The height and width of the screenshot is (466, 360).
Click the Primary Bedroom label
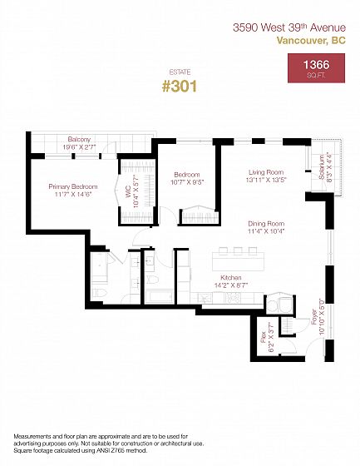[73, 186]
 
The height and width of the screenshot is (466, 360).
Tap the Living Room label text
[266, 172]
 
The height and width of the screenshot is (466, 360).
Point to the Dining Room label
[266, 224]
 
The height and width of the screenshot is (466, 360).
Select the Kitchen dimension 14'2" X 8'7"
[231, 285]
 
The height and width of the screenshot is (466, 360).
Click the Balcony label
[79, 139]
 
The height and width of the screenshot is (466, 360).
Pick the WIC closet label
[128, 191]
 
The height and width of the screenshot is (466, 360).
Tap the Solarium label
[321, 167]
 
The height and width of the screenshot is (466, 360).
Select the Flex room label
[264, 337]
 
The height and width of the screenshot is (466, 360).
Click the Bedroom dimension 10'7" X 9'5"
[187, 182]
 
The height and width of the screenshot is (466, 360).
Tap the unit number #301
[180, 87]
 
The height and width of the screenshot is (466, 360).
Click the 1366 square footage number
[316, 65]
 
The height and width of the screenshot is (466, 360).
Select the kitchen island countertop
[239, 261]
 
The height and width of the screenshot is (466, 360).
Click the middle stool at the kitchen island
[238, 251]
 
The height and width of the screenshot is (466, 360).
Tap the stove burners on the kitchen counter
[234, 298]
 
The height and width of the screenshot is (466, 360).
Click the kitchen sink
[205, 298]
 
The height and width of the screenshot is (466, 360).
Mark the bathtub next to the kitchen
[160, 296]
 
